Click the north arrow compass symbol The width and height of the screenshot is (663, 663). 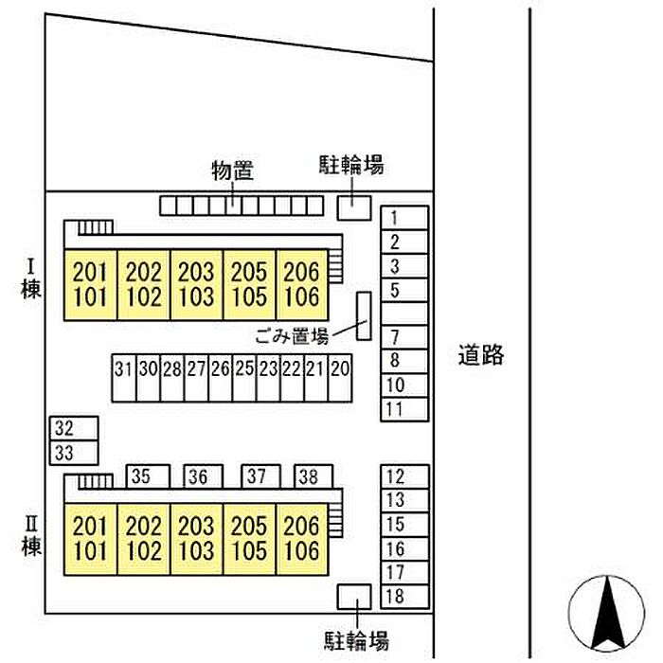click(x=606, y=613)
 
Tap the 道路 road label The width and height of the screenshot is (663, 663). click(x=481, y=354)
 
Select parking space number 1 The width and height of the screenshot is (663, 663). click(x=404, y=218)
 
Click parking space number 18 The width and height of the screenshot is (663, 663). click(x=404, y=597)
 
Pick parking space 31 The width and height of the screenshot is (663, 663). click(x=124, y=378)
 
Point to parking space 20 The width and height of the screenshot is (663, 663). click(x=340, y=378)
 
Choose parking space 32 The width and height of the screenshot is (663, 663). click(x=74, y=428)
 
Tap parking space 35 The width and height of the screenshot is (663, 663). click(x=149, y=476)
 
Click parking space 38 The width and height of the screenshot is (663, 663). click(x=314, y=476)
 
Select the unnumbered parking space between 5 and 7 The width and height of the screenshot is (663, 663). click(x=404, y=314)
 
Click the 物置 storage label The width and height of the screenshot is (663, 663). click(x=233, y=170)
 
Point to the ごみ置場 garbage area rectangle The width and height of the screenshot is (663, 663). click(x=364, y=315)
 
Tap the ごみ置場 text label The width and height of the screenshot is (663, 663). click(x=292, y=336)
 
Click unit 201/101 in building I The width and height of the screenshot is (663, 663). click(x=90, y=284)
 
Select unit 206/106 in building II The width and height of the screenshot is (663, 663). click(x=302, y=539)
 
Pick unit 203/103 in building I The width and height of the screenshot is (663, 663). click(x=196, y=284)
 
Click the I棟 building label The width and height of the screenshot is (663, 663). click(x=31, y=279)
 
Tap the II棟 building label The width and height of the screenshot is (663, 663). click(x=31, y=536)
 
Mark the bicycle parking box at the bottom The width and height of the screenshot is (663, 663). click(x=354, y=597)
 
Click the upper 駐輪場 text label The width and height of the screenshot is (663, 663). click(x=351, y=165)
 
